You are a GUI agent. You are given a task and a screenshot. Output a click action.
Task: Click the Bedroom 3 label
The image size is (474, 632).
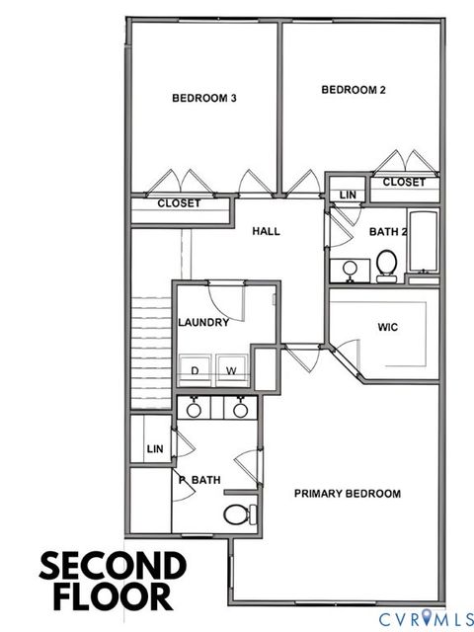pos(203,98)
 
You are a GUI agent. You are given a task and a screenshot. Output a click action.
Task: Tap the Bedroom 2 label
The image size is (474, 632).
pos(354,90)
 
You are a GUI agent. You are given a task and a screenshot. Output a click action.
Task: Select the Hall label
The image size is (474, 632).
pos(267,231)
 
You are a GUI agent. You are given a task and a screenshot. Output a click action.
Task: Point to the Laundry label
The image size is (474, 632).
pos(203,322)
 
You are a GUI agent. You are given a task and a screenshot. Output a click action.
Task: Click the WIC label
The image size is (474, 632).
pos(387,327)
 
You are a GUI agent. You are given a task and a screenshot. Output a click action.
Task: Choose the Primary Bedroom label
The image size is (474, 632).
pos(347,494)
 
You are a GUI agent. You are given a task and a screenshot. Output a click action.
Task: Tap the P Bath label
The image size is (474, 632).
pos(199,480)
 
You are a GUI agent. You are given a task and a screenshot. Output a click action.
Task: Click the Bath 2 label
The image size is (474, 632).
pos(388,232)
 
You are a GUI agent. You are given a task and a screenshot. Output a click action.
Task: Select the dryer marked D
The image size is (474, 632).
pos(194,371)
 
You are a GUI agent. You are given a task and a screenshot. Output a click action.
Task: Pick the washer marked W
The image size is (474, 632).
pos(232,371)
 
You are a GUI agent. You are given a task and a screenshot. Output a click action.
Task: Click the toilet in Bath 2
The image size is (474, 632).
pos(386,264)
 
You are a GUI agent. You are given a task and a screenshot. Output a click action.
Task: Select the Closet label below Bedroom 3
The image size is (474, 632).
pos(179,203)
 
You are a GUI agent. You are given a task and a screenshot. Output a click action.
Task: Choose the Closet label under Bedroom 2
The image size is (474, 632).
pos(403,182)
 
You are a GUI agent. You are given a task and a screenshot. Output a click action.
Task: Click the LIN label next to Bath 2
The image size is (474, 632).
pos(348,195)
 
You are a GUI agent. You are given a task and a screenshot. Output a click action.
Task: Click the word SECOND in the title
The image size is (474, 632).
pos(113,567)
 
